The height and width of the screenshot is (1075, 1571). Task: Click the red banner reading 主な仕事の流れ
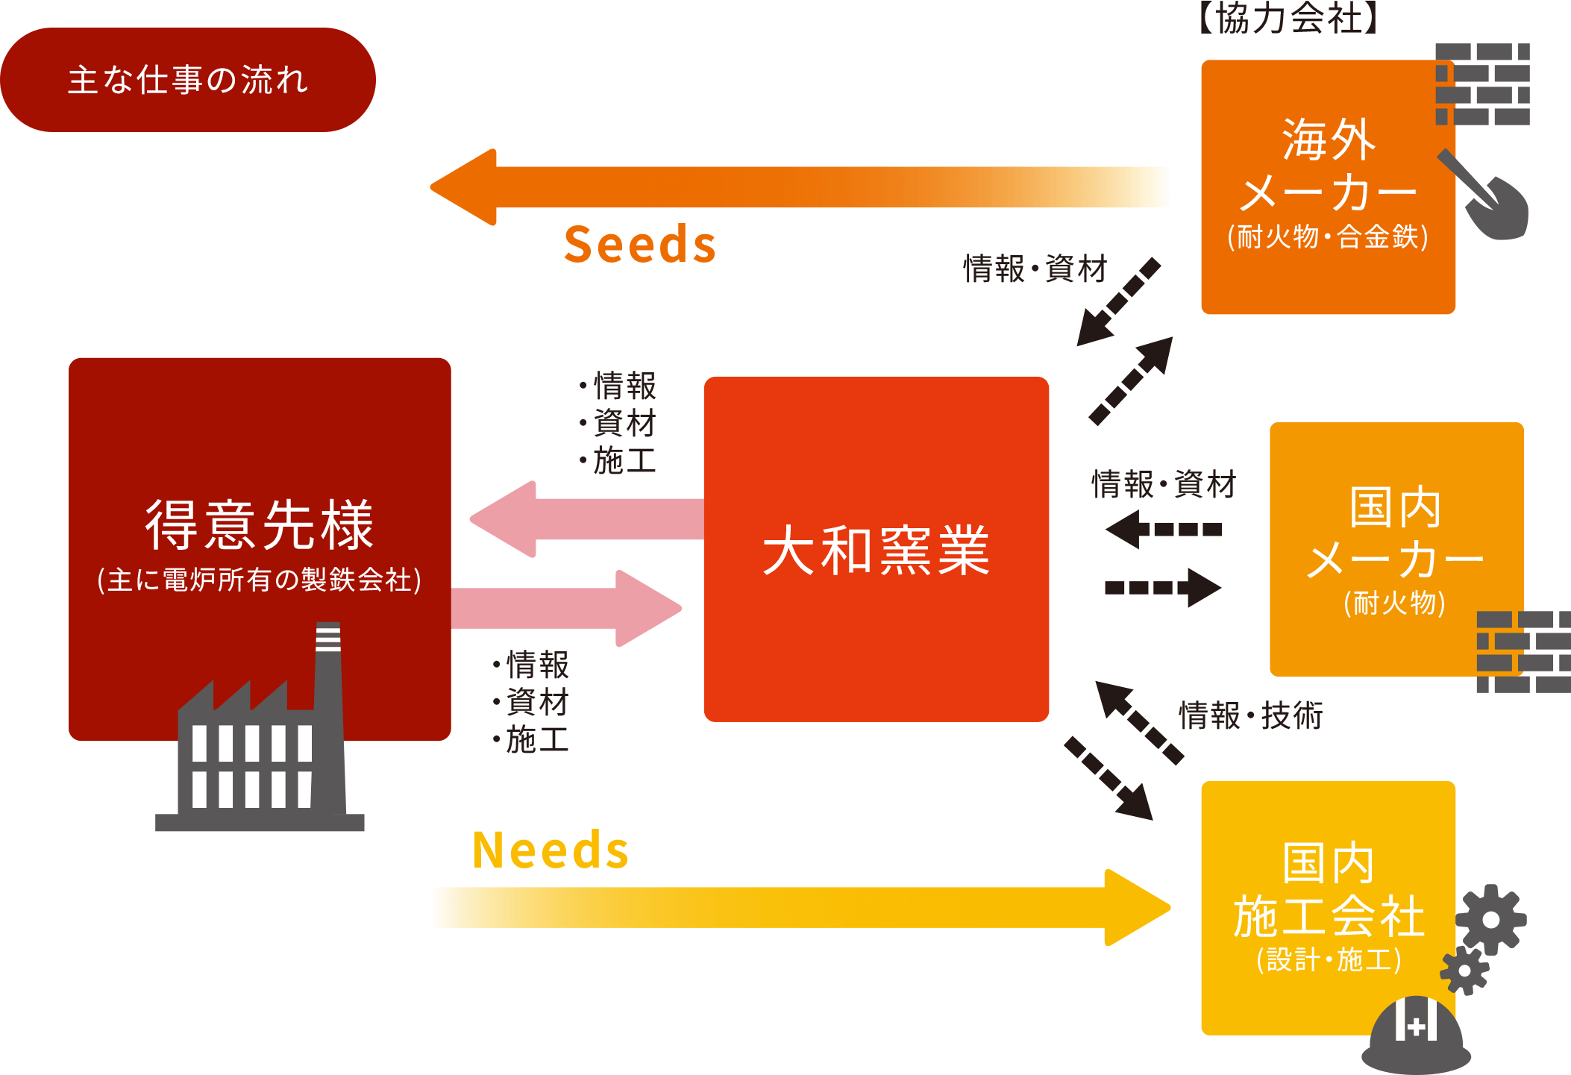(x=187, y=80)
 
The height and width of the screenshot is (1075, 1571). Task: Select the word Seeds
(x=640, y=245)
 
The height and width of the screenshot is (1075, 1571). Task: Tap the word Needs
(x=551, y=850)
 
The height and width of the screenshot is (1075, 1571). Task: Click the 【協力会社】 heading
(x=1288, y=18)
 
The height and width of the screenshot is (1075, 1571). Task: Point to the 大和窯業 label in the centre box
(x=877, y=551)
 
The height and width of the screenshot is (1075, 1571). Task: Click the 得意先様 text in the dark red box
(x=260, y=524)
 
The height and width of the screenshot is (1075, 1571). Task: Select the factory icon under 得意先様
(x=260, y=727)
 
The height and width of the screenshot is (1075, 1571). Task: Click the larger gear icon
(x=1491, y=919)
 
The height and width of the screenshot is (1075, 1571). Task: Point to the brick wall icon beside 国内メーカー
(x=1524, y=652)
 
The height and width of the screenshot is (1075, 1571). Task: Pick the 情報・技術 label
(x=1251, y=715)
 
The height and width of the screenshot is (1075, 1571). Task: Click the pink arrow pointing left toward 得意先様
(x=587, y=519)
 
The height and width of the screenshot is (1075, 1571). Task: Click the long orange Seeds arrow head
(x=464, y=187)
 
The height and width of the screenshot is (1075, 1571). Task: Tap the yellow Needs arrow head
(x=1138, y=907)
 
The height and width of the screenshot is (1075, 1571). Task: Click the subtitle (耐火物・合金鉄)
(x=1328, y=237)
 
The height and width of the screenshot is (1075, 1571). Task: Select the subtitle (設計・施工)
(x=1329, y=959)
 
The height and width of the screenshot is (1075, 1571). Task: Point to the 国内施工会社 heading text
(x=1329, y=890)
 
